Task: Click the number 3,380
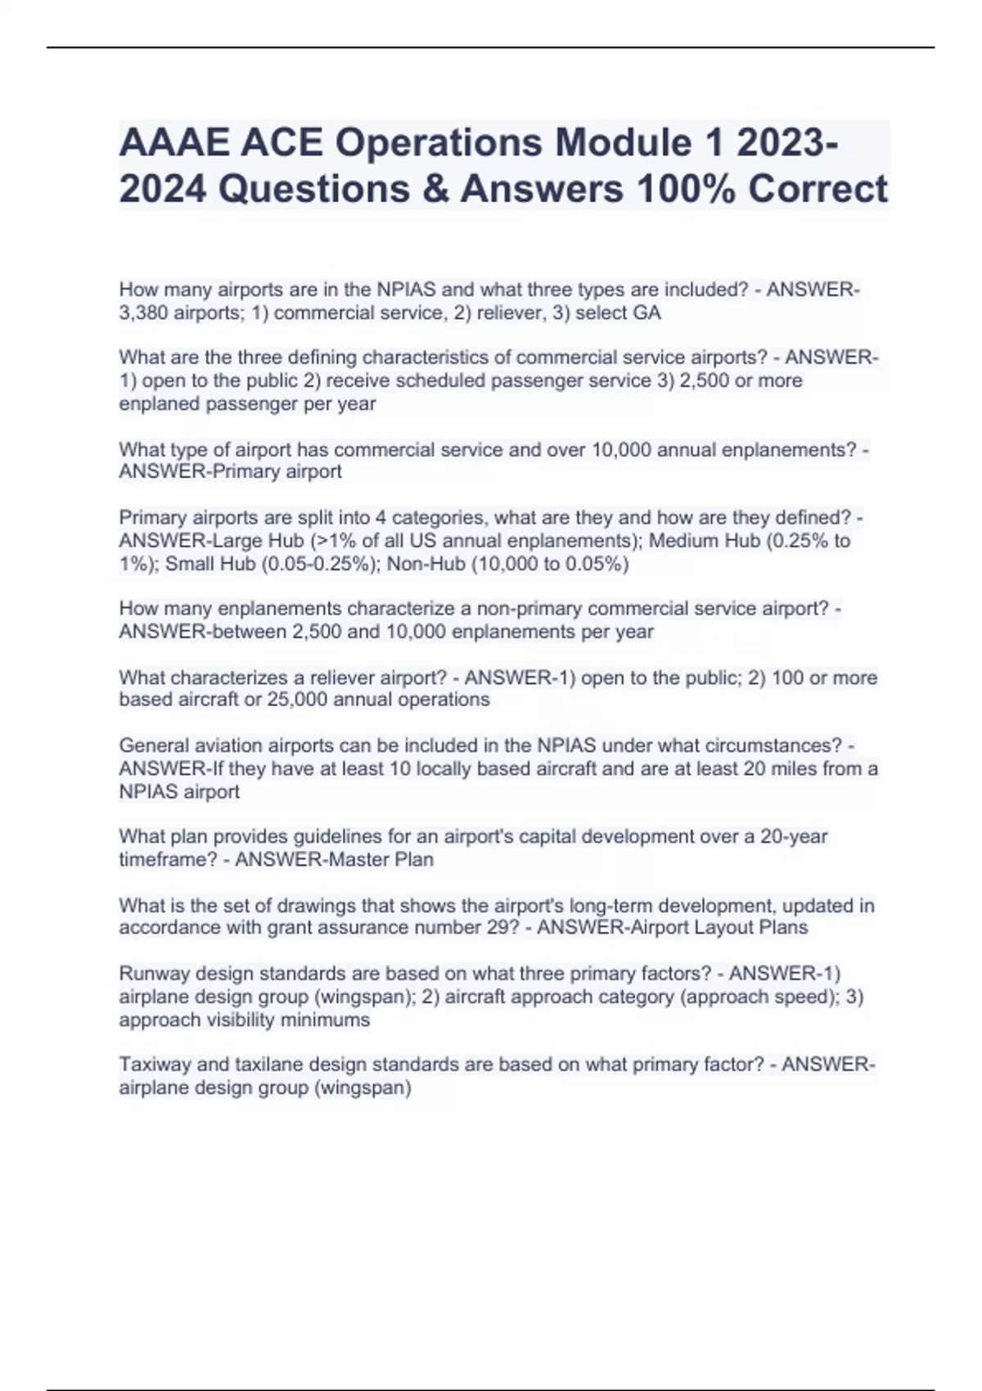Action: click(x=143, y=313)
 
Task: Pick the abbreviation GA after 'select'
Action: click(x=647, y=313)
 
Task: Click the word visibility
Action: click(x=234, y=1020)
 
